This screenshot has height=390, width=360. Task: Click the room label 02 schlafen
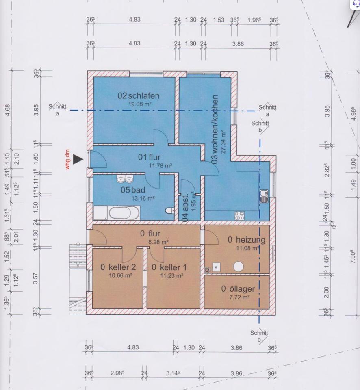click(139, 96)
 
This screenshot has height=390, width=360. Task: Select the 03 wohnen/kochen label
click(215, 130)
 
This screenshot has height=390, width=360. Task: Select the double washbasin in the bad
click(125, 179)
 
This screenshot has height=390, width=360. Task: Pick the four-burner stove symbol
click(239, 215)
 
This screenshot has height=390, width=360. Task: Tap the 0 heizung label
click(246, 240)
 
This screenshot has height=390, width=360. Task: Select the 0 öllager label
click(238, 289)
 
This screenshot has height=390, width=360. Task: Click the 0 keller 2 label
click(118, 267)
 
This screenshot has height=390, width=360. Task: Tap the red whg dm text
click(68, 159)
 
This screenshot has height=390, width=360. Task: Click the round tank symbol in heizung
click(238, 266)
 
